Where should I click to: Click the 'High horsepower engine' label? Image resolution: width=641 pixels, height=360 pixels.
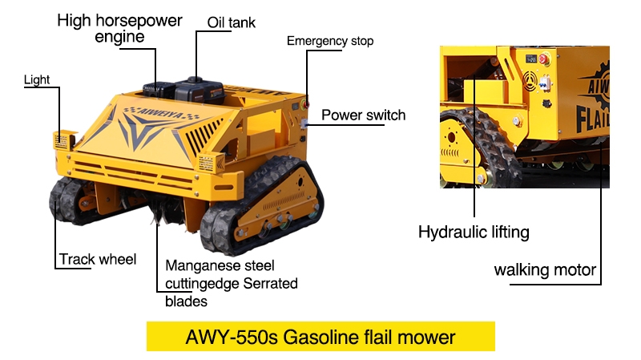(x=119, y=28)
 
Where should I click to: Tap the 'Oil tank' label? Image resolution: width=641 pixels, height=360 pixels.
(x=232, y=22)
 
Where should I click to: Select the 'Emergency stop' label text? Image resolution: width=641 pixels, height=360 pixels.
(x=330, y=41)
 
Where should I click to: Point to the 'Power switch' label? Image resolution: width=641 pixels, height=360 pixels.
(x=363, y=115)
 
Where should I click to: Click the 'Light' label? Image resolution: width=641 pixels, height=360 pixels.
(x=37, y=80)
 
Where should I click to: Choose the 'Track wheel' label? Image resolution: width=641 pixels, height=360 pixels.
(x=98, y=259)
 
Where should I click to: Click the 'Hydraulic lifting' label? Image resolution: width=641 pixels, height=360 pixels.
(x=474, y=233)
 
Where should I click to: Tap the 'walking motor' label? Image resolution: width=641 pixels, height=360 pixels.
(x=545, y=269)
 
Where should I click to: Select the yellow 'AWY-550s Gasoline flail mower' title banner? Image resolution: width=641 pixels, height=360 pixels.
(x=320, y=337)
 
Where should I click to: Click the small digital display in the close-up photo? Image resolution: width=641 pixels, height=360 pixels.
(x=529, y=59)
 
